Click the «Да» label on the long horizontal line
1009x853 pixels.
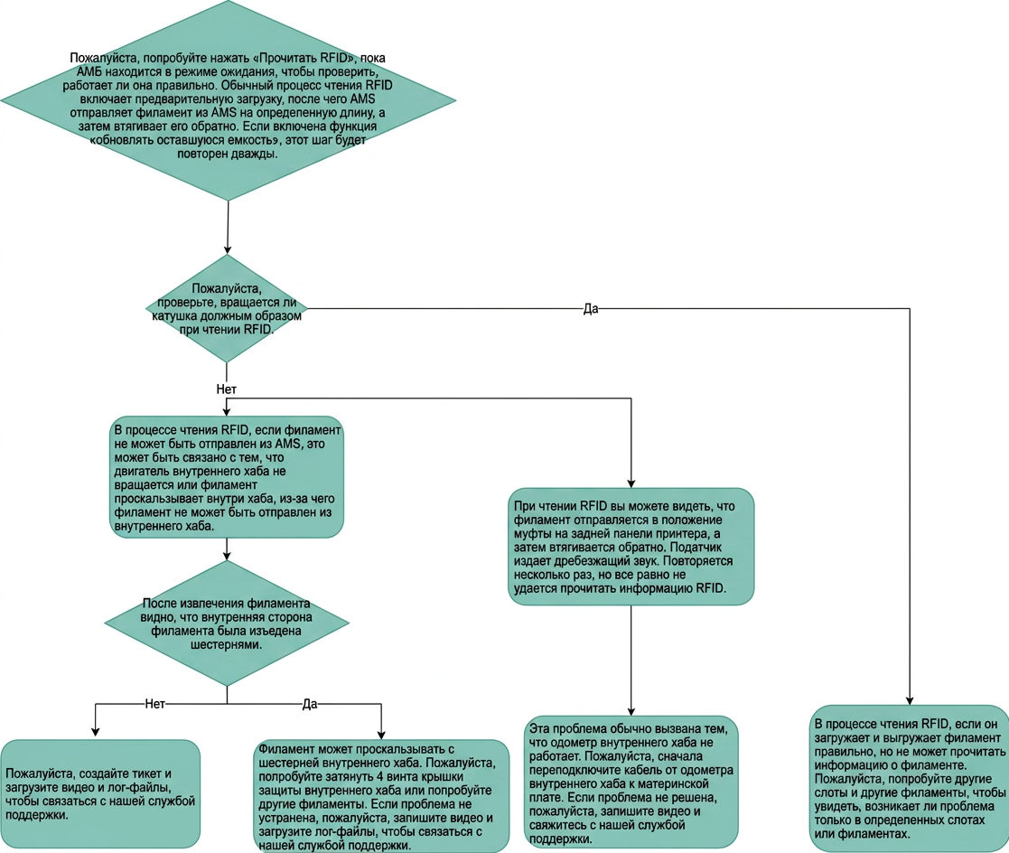click(591, 308)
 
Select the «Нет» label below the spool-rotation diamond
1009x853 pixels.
click(227, 389)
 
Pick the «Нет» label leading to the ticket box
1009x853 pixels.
click(155, 704)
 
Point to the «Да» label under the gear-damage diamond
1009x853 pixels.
click(310, 704)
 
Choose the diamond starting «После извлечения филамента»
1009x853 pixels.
click(227, 623)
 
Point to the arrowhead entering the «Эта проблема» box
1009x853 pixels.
click(631, 710)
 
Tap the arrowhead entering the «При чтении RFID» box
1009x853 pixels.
click(631, 483)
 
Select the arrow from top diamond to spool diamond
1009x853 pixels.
click(228, 227)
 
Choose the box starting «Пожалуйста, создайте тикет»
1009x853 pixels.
click(99, 793)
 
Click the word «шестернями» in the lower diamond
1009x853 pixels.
click(227, 644)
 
